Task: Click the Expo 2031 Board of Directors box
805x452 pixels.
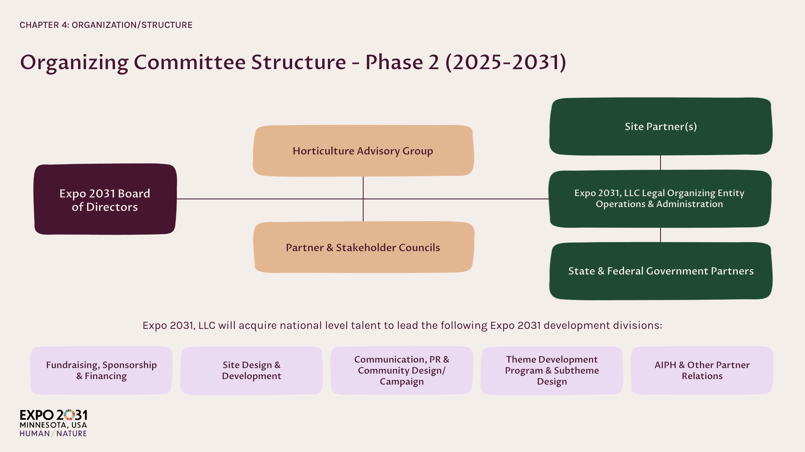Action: point(105,200)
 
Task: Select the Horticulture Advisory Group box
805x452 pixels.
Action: point(363,151)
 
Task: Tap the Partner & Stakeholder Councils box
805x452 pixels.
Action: point(363,247)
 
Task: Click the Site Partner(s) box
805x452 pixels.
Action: point(660,126)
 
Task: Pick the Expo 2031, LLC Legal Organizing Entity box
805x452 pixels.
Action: point(659,198)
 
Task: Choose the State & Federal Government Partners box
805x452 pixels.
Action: point(660,271)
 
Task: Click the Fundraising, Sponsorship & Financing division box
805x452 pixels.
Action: point(101,370)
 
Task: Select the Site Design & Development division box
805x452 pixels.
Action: point(251,370)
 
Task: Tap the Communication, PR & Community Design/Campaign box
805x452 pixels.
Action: point(401,370)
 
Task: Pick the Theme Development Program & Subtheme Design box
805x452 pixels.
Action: point(552,370)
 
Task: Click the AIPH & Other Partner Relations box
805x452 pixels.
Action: point(702,370)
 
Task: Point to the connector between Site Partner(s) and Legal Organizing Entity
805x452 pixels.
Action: point(660,162)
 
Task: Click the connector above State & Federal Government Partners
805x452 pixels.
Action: point(660,235)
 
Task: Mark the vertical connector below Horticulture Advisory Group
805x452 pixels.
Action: point(363,187)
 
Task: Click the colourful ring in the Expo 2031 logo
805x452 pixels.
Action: point(69,415)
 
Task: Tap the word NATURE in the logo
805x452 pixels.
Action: point(71,433)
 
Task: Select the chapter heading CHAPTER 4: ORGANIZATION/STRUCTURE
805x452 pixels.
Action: point(106,25)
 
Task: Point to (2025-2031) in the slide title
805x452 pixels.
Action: point(506,62)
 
